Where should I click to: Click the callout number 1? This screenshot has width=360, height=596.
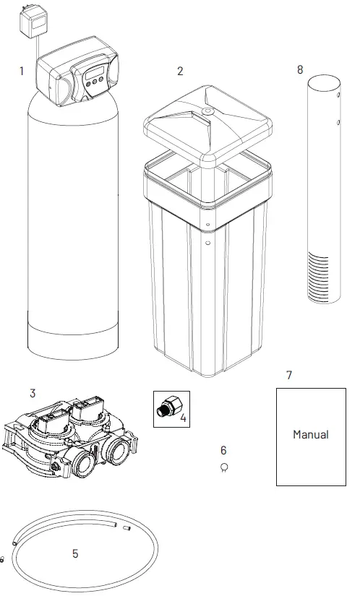[22, 71]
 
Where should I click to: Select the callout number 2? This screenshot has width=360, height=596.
[180, 71]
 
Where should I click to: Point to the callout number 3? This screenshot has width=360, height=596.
[33, 394]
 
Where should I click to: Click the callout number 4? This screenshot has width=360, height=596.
[183, 418]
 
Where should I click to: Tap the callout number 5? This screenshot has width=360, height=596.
[74, 554]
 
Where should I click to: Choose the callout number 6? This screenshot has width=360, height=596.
[223, 450]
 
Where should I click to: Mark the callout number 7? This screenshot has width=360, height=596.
[289, 375]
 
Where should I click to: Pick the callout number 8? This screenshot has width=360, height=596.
[300, 69]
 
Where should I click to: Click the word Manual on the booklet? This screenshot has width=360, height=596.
[310, 435]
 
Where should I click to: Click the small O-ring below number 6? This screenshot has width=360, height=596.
[224, 467]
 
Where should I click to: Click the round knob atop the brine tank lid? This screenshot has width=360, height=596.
[207, 111]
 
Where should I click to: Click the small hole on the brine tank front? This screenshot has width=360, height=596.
[207, 243]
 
